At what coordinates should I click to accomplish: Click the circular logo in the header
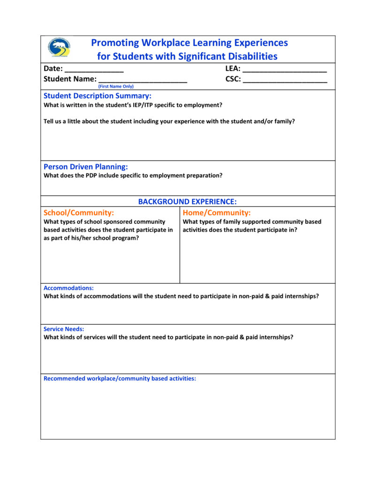click(x=60, y=48)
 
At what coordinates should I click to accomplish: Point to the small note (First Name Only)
click(x=116, y=87)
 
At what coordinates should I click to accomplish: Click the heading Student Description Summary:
click(x=98, y=96)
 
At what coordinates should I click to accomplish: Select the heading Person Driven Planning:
click(x=86, y=166)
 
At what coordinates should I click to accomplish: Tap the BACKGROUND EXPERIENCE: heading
click(x=187, y=202)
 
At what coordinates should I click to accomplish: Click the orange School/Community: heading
click(x=79, y=212)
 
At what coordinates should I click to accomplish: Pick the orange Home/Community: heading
click(x=217, y=212)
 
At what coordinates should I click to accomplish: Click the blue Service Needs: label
click(x=64, y=329)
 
